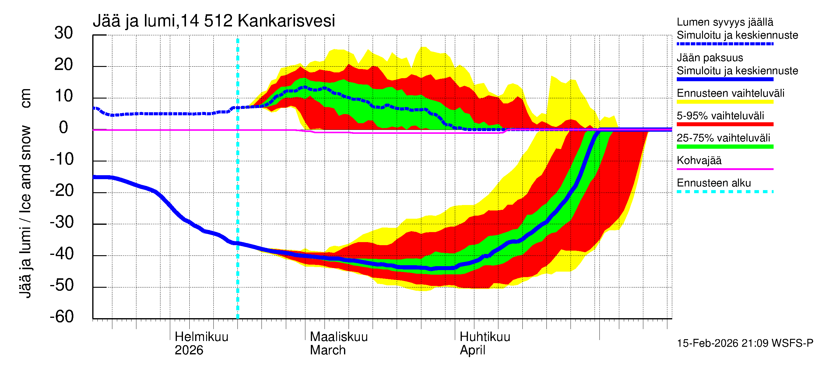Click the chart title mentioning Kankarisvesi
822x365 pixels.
point(213,21)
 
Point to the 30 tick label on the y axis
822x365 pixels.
point(64,33)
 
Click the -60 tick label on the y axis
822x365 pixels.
point(62,317)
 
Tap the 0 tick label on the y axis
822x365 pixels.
point(64,128)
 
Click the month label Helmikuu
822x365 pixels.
point(201,337)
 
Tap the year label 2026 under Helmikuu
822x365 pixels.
point(188,350)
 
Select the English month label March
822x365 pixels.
point(327,350)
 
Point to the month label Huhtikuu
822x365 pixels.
point(484,337)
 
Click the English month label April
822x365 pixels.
point(472,350)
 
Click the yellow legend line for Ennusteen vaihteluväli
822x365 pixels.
point(725,102)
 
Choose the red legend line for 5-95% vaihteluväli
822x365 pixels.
point(725,124)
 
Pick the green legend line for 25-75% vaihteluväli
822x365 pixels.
point(725,147)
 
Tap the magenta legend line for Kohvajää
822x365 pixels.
point(725,169)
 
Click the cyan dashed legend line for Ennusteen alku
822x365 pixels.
point(725,192)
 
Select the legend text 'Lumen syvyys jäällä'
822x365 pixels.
point(725,22)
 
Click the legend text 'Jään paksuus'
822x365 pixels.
point(710,58)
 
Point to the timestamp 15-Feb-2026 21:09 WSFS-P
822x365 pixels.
point(745,343)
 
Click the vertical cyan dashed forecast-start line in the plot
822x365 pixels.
point(237,191)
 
